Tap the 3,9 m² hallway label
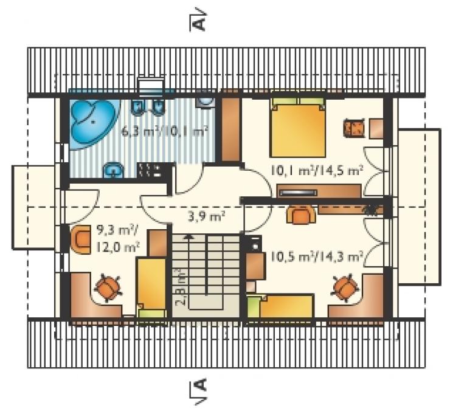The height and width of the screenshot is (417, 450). click(206, 216)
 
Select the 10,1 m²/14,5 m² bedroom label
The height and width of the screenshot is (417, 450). click(316, 171)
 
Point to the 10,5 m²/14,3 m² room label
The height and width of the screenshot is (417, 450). click(316, 256)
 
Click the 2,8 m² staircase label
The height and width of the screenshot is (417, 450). click(179, 288)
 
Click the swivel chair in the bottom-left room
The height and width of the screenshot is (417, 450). click(108, 288)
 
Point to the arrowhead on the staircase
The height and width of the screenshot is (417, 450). click(189, 237)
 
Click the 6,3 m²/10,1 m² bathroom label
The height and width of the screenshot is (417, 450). click(164, 132)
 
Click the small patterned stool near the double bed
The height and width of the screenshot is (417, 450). click(354, 128)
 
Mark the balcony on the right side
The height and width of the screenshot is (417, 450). click(420, 207)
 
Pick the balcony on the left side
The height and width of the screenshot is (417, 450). click(33, 207)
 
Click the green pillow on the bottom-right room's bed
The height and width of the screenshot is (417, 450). click(255, 307)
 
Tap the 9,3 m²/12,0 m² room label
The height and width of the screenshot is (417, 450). click(117, 238)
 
